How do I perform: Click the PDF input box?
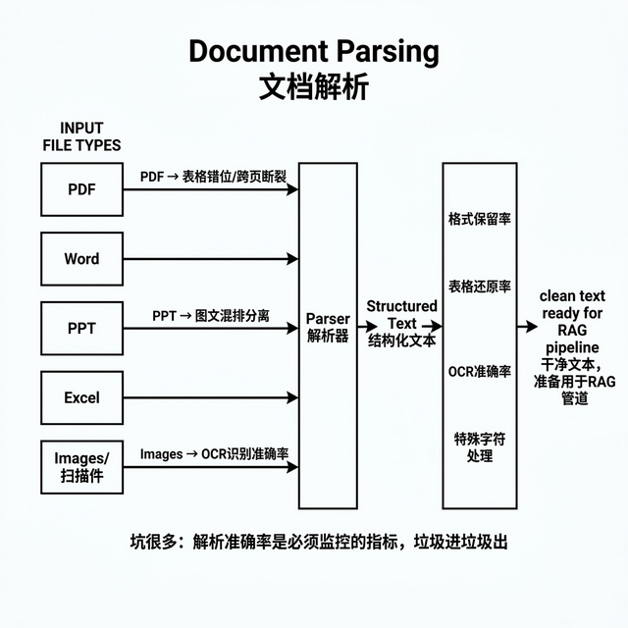click(x=81, y=189)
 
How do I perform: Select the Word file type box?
click(x=81, y=259)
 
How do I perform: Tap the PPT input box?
click(x=81, y=329)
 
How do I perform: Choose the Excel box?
click(x=81, y=398)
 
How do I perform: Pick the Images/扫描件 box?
click(x=81, y=467)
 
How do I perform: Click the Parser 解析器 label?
click(x=328, y=328)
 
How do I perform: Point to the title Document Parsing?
click(x=314, y=51)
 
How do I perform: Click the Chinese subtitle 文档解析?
click(x=314, y=86)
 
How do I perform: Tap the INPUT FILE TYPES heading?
click(x=81, y=136)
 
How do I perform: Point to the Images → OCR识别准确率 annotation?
click(x=213, y=454)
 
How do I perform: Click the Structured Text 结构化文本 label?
click(x=401, y=323)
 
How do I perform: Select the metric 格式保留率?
click(x=479, y=218)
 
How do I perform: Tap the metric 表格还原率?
click(x=479, y=287)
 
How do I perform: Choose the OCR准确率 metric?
click(x=479, y=371)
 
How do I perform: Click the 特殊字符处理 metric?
click(x=479, y=447)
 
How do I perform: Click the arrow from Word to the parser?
click(x=211, y=259)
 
